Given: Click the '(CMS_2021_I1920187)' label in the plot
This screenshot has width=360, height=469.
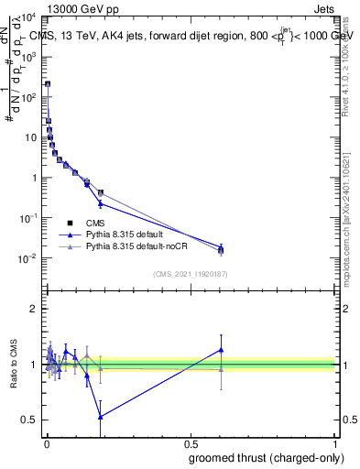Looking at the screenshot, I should point(190,274).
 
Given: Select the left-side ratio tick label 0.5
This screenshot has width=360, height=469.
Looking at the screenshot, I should point(31,420).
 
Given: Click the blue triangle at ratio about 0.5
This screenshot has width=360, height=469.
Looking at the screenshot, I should point(100,416).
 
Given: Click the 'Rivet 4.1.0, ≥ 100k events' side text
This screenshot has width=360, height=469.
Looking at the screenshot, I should point(351,73).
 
